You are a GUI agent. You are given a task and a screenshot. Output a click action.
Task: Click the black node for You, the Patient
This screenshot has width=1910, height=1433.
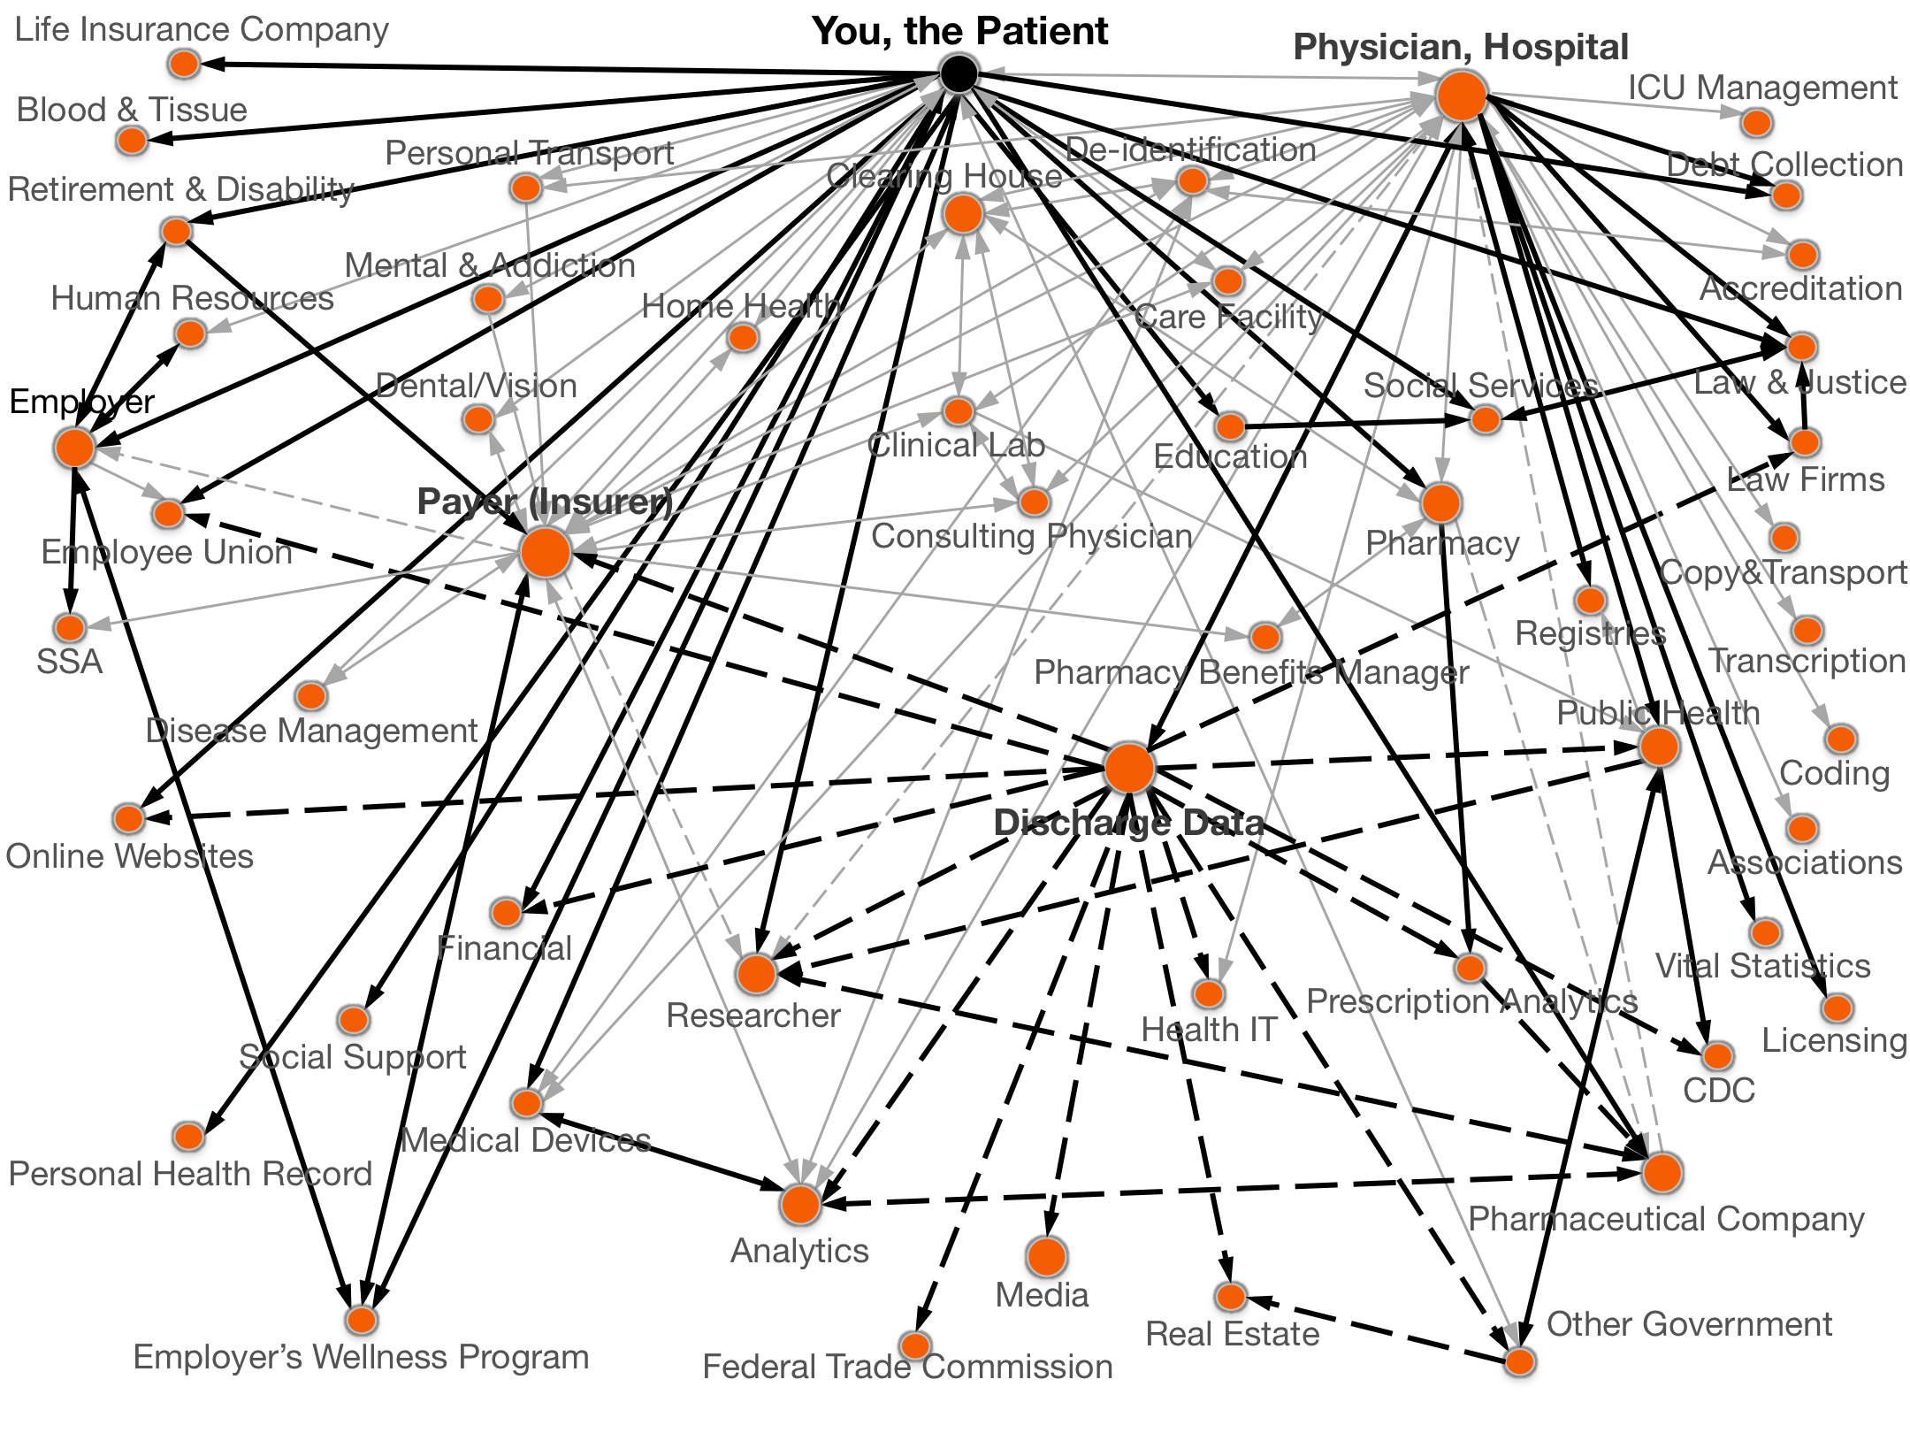tap(959, 73)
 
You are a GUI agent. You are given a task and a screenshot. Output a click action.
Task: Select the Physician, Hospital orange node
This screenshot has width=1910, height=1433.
tap(1462, 96)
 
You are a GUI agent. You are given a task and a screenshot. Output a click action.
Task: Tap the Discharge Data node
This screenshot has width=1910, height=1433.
tap(1129, 767)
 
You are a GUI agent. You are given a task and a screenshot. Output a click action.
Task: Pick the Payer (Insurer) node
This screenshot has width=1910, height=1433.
tap(546, 551)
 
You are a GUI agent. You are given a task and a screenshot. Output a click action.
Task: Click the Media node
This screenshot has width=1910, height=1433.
tap(1046, 1256)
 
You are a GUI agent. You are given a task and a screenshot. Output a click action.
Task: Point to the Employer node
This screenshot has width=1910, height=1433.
tap(75, 447)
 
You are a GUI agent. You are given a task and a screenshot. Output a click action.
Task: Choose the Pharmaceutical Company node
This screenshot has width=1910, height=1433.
tap(1662, 1173)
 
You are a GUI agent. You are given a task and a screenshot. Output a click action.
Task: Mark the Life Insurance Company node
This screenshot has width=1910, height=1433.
tap(184, 63)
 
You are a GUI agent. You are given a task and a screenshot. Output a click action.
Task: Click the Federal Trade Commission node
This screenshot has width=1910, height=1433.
tap(915, 1345)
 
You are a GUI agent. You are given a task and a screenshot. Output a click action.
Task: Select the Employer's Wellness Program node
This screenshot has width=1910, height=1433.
tap(361, 1320)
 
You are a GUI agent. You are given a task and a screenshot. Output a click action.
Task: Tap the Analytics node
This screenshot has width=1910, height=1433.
tap(800, 1204)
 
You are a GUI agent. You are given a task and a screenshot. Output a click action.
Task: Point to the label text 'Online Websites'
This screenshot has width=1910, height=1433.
tap(130, 856)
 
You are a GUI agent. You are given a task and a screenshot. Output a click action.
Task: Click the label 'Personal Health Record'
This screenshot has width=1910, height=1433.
tap(190, 1174)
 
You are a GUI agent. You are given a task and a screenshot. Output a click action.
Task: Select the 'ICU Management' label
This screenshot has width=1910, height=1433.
tap(1762, 88)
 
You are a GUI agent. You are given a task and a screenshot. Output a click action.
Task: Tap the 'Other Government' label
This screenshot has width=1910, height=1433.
tap(1689, 1324)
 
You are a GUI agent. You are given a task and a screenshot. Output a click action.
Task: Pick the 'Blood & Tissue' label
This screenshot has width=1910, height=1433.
tap(132, 110)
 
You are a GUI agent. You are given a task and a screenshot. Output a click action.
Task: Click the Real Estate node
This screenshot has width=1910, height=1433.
tap(1230, 1297)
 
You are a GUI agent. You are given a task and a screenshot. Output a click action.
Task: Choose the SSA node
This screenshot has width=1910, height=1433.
tap(69, 628)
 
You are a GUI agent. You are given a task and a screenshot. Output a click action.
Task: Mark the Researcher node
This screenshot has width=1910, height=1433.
tap(756, 973)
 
